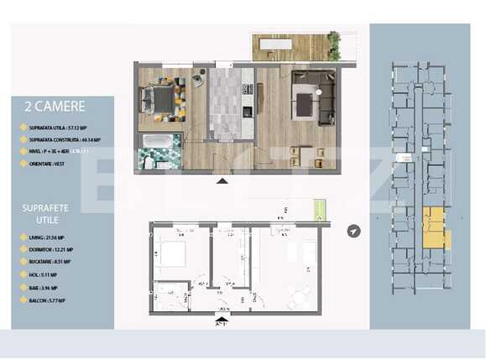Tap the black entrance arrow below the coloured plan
[x=222, y=180]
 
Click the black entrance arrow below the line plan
[x=222, y=318]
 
